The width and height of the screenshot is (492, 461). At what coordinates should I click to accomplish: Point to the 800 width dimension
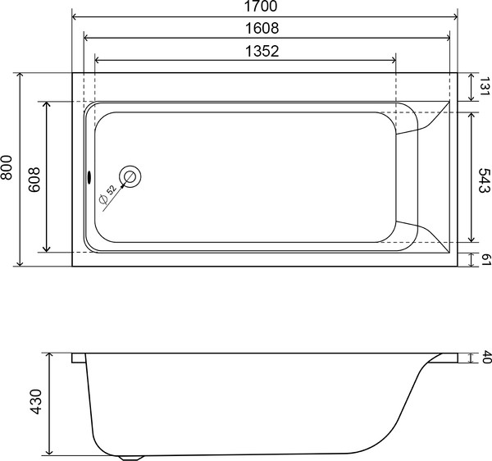8,169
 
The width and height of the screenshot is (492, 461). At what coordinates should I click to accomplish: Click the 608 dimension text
34,177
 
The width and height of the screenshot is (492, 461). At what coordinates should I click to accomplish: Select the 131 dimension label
484,86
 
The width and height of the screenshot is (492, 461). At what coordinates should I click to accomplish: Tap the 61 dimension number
484,259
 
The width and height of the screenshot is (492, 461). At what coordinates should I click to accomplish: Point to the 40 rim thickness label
484,358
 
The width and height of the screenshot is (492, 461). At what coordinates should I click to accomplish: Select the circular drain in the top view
130,176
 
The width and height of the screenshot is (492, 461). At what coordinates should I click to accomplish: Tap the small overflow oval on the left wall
89,175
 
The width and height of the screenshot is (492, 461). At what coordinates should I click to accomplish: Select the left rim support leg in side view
78,358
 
